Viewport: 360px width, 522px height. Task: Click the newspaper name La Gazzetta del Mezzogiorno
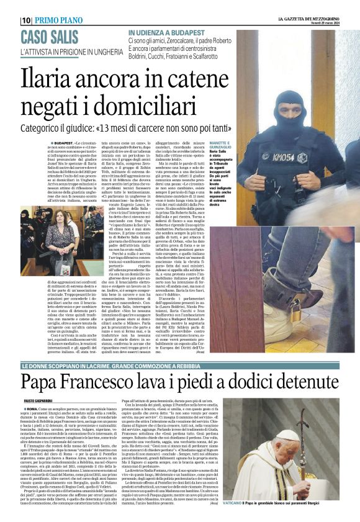pyautogui.click(x=304, y=17)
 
